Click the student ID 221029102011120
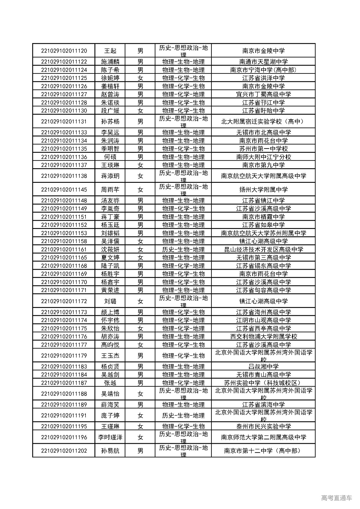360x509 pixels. click(64, 51)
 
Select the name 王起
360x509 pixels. click(110, 51)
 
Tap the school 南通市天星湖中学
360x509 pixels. click(263, 62)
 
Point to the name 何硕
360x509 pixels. click(110, 157)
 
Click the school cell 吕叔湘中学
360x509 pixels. click(263, 366)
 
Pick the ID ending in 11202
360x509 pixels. click(64, 451)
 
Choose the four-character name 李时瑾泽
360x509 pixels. click(110, 437)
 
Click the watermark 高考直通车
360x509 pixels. click(336, 498)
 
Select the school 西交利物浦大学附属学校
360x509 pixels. click(263, 337)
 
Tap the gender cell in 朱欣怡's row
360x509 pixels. click(140, 328)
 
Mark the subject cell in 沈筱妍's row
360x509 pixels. click(183, 249)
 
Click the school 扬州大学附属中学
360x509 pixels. click(263, 190)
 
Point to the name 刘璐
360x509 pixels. click(110, 301)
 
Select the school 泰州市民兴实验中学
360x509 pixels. click(263, 426)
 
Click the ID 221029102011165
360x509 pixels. click(64, 258)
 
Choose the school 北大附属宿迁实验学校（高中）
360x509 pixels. click(263, 121)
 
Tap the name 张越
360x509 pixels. click(110, 383)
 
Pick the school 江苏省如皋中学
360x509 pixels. click(263, 225)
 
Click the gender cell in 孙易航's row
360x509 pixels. click(140, 451)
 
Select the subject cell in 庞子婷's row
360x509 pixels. click(183, 416)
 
